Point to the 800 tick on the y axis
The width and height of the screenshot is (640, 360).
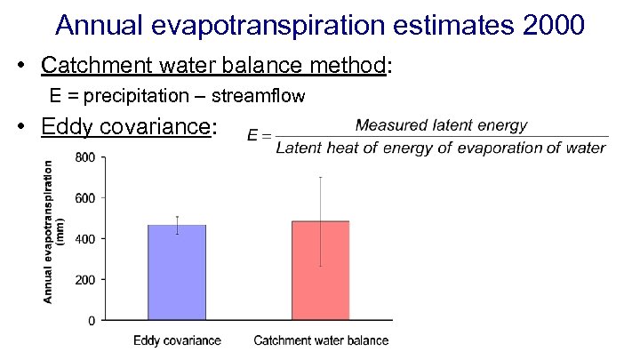click(x=86, y=157)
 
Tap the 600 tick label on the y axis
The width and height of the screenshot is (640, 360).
click(x=86, y=198)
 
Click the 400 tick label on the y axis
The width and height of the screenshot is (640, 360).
click(x=86, y=238)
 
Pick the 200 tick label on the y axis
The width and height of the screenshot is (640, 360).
click(x=86, y=279)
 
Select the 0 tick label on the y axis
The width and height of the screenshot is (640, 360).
click(x=92, y=320)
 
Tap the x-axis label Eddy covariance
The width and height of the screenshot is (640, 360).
click(x=177, y=340)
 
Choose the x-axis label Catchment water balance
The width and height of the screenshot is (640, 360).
click(x=321, y=340)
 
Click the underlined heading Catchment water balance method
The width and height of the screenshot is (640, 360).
click(x=213, y=66)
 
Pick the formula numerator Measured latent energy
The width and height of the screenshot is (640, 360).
click(x=441, y=126)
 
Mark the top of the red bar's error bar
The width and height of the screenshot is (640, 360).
click(x=320, y=177)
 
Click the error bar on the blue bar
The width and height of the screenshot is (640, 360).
click(x=177, y=225)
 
